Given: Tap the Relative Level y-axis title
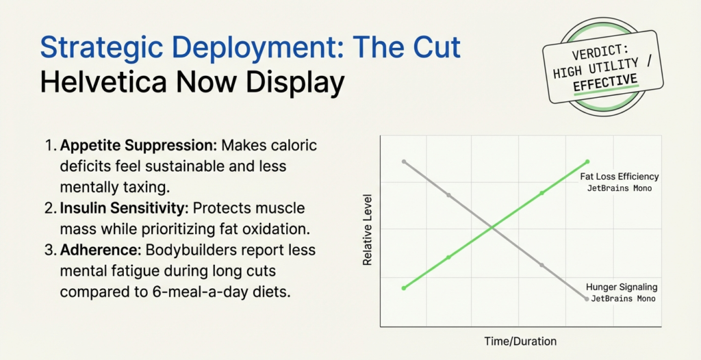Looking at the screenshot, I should pyautogui.click(x=368, y=237).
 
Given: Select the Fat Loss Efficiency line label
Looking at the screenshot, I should pyautogui.click(x=619, y=177).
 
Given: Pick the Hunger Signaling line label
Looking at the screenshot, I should pyautogui.click(x=621, y=287).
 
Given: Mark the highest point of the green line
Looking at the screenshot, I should pyautogui.click(x=587, y=162).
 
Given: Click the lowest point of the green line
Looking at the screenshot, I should pyautogui.click(x=403, y=288).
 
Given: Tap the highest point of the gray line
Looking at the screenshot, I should pyautogui.click(x=404, y=162).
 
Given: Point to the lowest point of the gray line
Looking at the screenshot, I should pyautogui.click(x=587, y=299).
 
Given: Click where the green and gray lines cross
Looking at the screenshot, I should pyautogui.click(x=494, y=227).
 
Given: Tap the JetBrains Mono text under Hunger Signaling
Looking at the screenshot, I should pyautogui.click(x=623, y=298).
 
